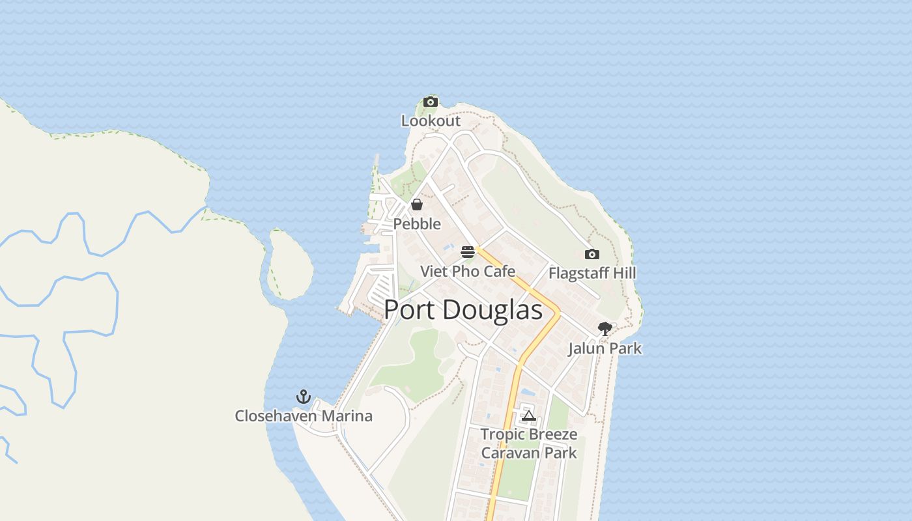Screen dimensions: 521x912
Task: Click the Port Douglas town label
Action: (x=463, y=310)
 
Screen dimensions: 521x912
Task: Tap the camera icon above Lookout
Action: (x=430, y=102)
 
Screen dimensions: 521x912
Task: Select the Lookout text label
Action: (x=431, y=121)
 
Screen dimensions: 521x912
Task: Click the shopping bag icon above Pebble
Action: (x=417, y=205)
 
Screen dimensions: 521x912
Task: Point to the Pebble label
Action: (x=417, y=224)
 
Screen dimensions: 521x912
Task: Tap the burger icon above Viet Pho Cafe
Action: (x=467, y=252)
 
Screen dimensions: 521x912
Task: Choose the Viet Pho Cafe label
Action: (x=468, y=272)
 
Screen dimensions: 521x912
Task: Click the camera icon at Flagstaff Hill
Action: (x=591, y=255)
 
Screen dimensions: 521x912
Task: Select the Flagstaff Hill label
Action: (x=592, y=273)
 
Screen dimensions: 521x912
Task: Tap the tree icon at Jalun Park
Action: (x=605, y=329)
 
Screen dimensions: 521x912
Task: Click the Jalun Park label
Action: (x=605, y=348)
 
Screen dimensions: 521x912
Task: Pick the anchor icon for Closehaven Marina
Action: (x=303, y=397)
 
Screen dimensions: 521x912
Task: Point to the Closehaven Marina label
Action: (x=304, y=416)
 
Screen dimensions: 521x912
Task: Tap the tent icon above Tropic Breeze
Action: (x=528, y=415)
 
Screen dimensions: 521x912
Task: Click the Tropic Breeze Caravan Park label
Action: (x=529, y=444)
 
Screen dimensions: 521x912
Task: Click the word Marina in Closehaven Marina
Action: (x=350, y=416)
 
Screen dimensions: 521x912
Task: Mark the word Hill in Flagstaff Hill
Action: (x=623, y=273)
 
